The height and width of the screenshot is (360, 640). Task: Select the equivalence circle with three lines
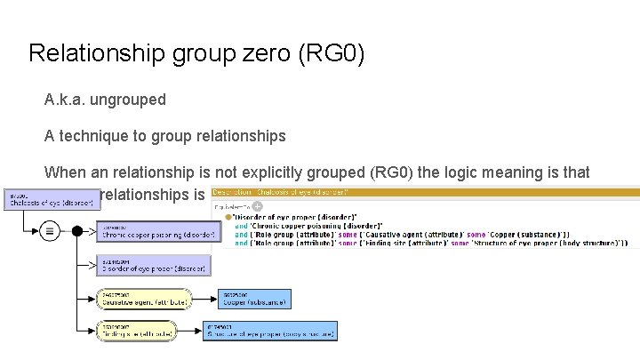tap(50, 231)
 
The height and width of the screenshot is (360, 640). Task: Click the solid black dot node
tap(77, 231)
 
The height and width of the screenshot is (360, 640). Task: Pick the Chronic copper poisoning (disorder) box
tap(156, 232)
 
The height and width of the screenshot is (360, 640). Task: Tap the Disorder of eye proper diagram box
tap(153, 266)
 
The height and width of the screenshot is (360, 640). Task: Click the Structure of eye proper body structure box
tap(271, 331)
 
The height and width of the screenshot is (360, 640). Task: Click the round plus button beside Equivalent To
tap(258, 205)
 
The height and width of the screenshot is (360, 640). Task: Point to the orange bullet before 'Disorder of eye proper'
tap(230, 218)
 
